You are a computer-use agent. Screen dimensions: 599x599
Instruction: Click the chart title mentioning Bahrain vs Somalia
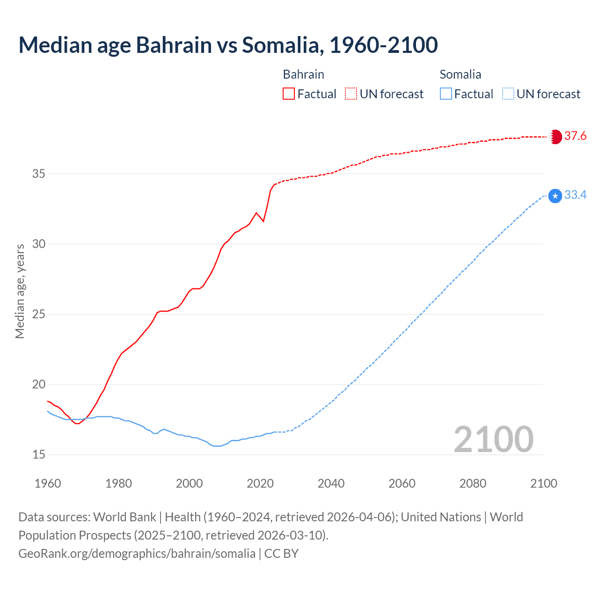(x=228, y=45)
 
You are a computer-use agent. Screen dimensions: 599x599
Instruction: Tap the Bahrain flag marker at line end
(x=555, y=137)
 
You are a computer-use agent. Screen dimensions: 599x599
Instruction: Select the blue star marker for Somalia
(x=555, y=196)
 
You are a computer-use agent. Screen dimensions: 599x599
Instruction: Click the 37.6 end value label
(x=575, y=136)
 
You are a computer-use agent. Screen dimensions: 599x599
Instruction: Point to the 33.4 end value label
(x=575, y=195)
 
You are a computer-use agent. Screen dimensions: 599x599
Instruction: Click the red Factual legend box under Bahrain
(x=289, y=94)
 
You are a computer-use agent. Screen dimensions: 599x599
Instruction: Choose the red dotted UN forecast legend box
(x=351, y=94)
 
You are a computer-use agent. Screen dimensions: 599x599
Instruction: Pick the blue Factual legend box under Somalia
(x=446, y=94)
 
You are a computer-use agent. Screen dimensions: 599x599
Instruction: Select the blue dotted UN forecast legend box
(x=508, y=94)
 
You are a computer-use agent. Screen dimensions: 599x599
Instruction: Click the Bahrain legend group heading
(x=303, y=74)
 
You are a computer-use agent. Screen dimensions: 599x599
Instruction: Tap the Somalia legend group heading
(x=460, y=74)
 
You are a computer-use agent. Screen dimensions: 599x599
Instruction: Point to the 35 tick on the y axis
(x=38, y=174)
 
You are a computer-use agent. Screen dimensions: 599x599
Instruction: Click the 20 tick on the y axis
(x=38, y=385)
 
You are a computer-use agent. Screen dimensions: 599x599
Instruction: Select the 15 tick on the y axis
(x=38, y=455)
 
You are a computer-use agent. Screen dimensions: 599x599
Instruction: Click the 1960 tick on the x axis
(x=48, y=483)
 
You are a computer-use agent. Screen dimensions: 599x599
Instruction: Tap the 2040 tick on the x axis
(x=331, y=483)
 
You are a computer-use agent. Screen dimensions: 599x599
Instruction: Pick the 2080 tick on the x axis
(x=473, y=483)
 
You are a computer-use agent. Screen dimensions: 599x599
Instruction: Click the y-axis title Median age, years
(x=20, y=291)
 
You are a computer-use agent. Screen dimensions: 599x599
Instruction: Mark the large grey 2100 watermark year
(x=493, y=439)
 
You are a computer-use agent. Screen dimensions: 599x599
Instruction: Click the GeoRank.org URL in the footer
(x=137, y=554)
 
